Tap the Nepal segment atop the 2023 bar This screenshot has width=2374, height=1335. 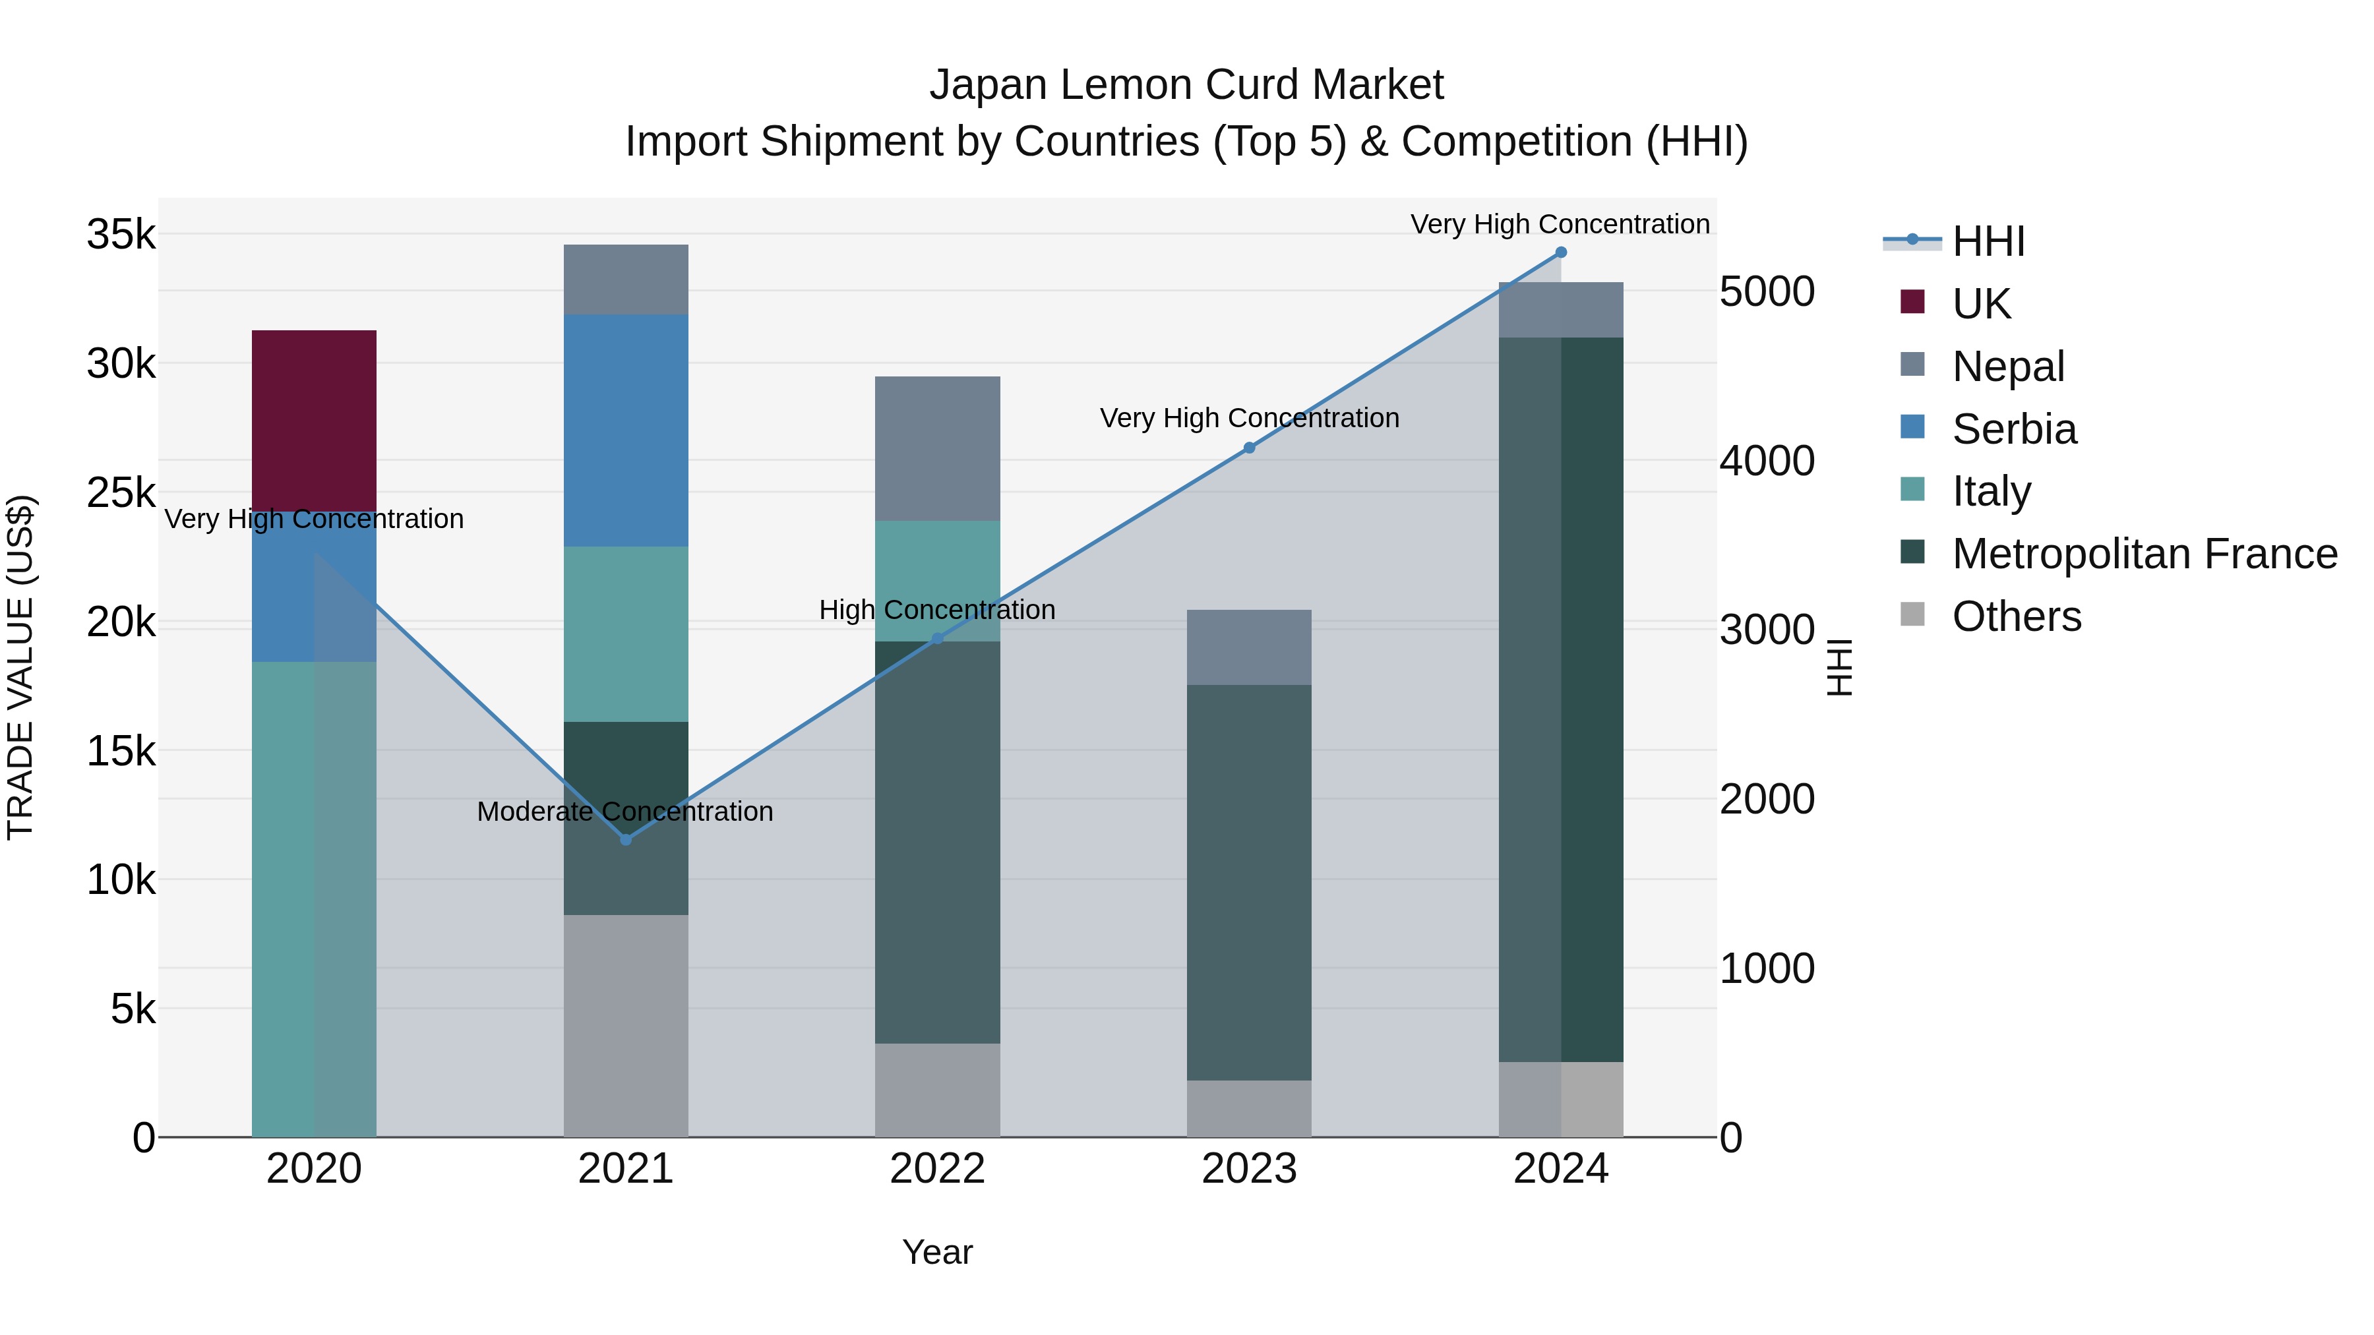[1249, 647]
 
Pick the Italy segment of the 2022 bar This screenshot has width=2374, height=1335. [937, 580]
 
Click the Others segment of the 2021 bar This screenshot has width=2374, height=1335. [626, 1024]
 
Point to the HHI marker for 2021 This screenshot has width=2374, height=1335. [626, 839]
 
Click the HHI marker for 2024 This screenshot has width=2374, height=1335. [1560, 252]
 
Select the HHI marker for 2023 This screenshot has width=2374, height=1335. [1249, 448]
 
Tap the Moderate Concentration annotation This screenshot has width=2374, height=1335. [625, 812]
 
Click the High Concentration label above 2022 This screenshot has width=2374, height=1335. [937, 610]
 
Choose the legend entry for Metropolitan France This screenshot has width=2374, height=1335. [2145, 554]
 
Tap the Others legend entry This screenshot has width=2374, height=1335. [2017, 616]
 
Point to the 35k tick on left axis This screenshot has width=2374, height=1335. [121, 234]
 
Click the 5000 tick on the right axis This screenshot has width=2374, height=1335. [1767, 292]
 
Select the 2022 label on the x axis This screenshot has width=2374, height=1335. [937, 1169]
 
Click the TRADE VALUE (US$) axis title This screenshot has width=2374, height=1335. [21, 667]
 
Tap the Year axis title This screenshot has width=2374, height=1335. [937, 1252]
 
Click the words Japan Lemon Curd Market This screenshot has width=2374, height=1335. [1186, 85]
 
